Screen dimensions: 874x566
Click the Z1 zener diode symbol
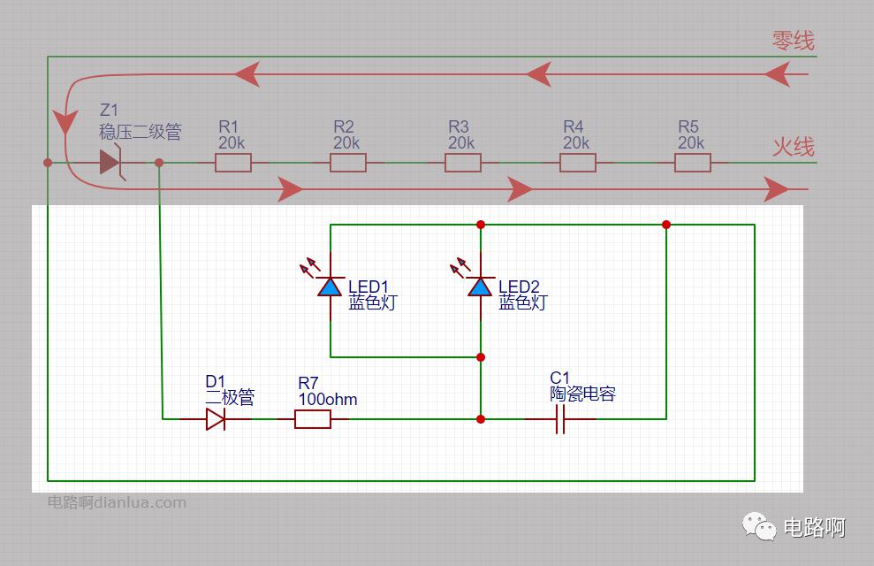click(111, 162)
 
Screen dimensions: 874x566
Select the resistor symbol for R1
click(233, 163)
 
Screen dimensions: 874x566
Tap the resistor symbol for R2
click(348, 163)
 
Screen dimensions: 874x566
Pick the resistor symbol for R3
click(463, 163)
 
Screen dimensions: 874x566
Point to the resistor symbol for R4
click(577, 163)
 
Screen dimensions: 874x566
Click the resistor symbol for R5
click(692, 163)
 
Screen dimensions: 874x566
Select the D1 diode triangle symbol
click(216, 419)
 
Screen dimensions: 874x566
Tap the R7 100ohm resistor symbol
click(312, 419)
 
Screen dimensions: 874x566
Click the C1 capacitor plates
click(560, 419)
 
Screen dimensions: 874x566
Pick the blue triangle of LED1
click(330, 287)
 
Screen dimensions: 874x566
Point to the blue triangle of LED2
click(480, 287)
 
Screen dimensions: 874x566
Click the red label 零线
click(794, 40)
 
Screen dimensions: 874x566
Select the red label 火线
click(794, 147)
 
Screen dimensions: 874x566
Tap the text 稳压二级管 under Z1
click(141, 132)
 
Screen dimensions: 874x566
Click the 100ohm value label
click(328, 399)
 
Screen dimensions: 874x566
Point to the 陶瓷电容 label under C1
click(582, 394)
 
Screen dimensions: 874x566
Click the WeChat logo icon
click(758, 526)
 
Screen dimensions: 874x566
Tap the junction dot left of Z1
click(48, 163)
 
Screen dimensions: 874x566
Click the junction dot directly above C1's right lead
click(666, 225)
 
